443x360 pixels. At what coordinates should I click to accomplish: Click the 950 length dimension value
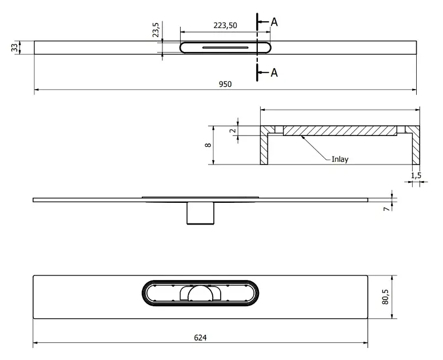[225, 84]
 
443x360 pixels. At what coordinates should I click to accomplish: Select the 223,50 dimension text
[225, 25]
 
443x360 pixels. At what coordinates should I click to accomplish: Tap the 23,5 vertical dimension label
[155, 29]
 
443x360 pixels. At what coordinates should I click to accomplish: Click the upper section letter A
[274, 22]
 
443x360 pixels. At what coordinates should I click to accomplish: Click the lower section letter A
[274, 73]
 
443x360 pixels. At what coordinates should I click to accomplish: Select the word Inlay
[340, 159]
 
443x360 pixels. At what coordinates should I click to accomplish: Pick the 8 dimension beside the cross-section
[208, 145]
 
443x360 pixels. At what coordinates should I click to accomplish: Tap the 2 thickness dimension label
[233, 130]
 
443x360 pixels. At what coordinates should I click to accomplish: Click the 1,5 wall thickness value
[416, 175]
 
